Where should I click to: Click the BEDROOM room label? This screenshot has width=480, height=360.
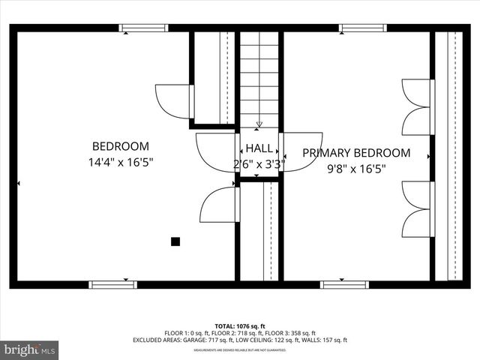pyautogui.click(x=120, y=146)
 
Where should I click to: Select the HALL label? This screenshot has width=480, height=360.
pyautogui.click(x=259, y=148)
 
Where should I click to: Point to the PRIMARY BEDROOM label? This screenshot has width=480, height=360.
pyautogui.click(x=356, y=153)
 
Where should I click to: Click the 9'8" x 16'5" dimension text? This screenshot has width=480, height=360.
pyautogui.click(x=356, y=169)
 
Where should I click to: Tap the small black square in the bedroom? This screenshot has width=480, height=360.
pyautogui.click(x=175, y=241)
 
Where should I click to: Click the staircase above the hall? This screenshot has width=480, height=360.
pyautogui.click(x=259, y=79)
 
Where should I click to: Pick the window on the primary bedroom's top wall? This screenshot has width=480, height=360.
pyautogui.click(x=362, y=28)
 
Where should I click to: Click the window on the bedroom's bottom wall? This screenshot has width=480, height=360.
pyautogui.click(x=112, y=284)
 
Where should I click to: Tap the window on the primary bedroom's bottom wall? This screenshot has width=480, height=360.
pyautogui.click(x=344, y=284)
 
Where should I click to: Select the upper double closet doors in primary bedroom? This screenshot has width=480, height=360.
pyautogui.click(x=416, y=106)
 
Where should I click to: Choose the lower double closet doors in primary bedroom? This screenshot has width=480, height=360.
pyautogui.click(x=416, y=208)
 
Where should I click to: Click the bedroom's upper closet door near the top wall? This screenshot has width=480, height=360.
pyautogui.click(x=174, y=101)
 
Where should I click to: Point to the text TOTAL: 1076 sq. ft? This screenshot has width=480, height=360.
pyautogui.click(x=240, y=326)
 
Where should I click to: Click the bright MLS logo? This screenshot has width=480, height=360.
pyautogui.click(x=30, y=349)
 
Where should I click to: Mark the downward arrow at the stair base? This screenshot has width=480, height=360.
pyautogui.click(x=259, y=124)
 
